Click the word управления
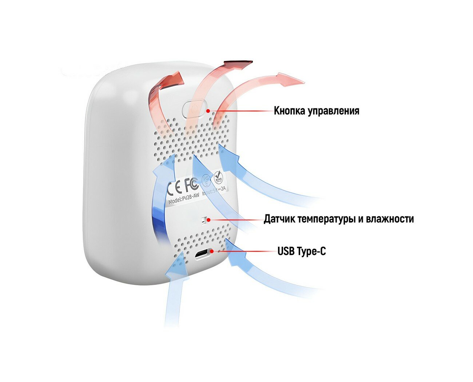(334, 111)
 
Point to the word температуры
(325, 219)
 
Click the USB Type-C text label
(301, 251)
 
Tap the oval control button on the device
(193, 109)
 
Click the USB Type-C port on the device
(204, 254)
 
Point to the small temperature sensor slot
(204, 220)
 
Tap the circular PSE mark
(206, 180)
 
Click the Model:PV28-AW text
(183, 200)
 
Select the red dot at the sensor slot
(208, 219)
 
